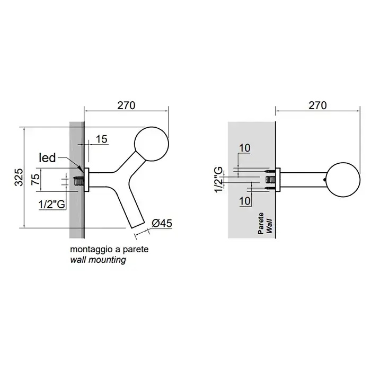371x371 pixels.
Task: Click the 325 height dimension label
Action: [19, 177]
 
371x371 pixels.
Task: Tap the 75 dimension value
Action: [36, 179]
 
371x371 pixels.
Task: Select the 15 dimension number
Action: [102, 139]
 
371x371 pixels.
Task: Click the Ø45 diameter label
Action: [162, 223]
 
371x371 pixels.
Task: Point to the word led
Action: [47, 157]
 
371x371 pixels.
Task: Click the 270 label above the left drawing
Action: [126, 105]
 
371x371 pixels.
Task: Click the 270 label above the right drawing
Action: [317, 105]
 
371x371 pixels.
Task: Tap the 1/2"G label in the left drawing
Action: [52, 204]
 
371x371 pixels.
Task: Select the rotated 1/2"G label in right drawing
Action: [219, 180]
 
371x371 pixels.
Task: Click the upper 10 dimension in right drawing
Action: [245, 148]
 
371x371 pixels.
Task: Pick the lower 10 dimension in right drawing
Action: [245, 201]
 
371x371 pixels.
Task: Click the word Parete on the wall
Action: [261, 223]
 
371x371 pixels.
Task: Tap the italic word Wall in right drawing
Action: [269, 226]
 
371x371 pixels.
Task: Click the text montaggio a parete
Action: [109, 249]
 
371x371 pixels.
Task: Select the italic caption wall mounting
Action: [98, 260]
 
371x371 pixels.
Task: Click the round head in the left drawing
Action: [152, 144]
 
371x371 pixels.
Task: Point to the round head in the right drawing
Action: [343, 180]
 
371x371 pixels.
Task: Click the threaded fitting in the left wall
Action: [79, 181]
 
